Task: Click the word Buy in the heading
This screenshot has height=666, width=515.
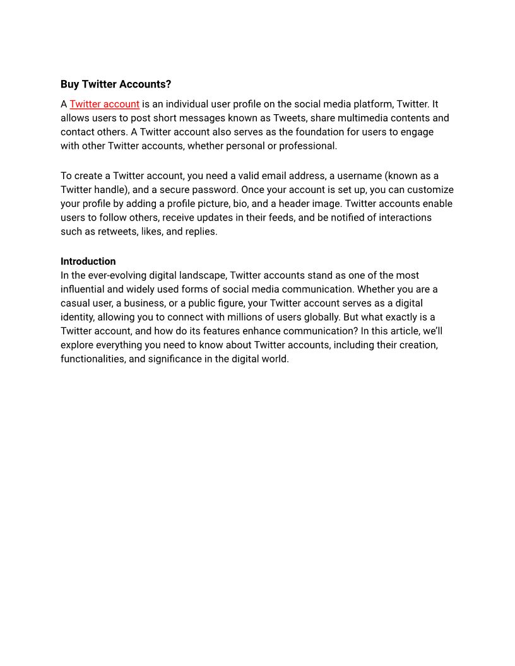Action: click(x=70, y=85)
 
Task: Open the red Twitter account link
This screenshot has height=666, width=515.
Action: click(x=104, y=104)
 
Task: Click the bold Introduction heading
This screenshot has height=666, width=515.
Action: click(x=88, y=261)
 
